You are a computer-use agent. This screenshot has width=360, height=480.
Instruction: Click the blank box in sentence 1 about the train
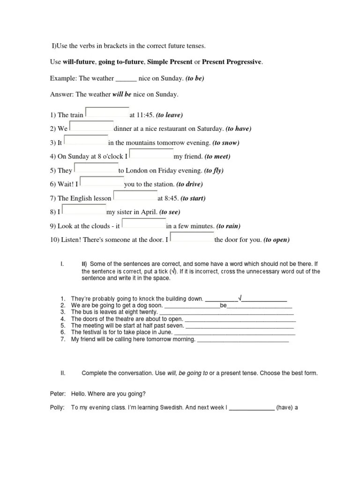pyautogui.click(x=107, y=112)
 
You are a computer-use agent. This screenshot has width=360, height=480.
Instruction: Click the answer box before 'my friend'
pyautogui.click(x=151, y=154)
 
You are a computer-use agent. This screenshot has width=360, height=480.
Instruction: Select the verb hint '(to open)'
pyautogui.click(x=277, y=240)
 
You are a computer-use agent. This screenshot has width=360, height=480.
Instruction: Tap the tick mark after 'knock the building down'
pyautogui.click(x=240, y=298)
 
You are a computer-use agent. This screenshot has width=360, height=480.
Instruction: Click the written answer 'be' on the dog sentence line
pyautogui.click(x=223, y=305)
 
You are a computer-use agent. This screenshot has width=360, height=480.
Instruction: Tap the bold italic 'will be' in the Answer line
pyautogui.click(x=122, y=94)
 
